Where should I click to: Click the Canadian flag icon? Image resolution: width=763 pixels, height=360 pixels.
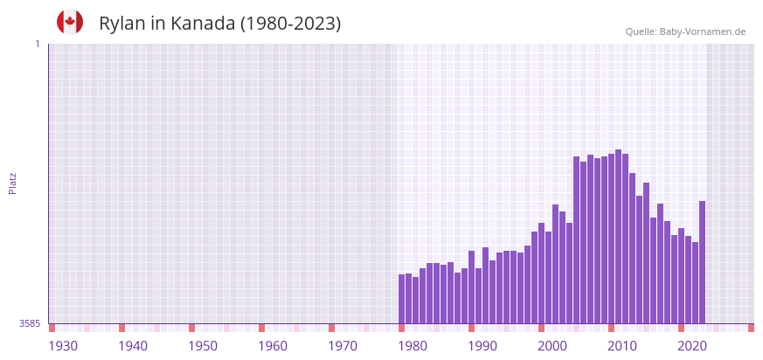[70, 22]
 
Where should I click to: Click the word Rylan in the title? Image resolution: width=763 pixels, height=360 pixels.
[122, 24]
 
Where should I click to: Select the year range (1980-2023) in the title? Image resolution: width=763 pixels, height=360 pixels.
[291, 24]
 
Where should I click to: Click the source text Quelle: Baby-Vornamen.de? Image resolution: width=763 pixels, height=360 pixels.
[685, 31]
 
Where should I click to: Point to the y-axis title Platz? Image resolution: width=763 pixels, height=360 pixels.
[12, 183]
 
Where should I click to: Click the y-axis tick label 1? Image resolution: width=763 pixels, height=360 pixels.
[37, 44]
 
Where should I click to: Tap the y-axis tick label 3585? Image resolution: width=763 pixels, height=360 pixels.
[30, 323]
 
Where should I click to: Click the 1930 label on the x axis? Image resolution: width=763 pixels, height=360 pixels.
[63, 346]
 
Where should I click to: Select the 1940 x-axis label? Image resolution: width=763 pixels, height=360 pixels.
[133, 346]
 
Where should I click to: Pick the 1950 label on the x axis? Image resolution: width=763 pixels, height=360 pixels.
[203, 346]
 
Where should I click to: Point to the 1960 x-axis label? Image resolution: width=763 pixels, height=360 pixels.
[273, 346]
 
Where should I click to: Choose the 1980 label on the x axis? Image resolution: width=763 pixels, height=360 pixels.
[413, 346]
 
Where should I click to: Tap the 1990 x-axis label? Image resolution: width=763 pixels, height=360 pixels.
[482, 346]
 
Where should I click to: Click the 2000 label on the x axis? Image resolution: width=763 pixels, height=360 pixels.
[552, 346]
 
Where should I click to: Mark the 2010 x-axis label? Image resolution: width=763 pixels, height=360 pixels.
[622, 346]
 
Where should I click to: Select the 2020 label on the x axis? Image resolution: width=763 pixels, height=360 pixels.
[692, 346]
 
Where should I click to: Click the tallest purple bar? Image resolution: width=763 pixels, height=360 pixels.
[618, 236]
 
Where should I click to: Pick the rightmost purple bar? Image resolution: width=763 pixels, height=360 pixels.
[702, 262]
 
